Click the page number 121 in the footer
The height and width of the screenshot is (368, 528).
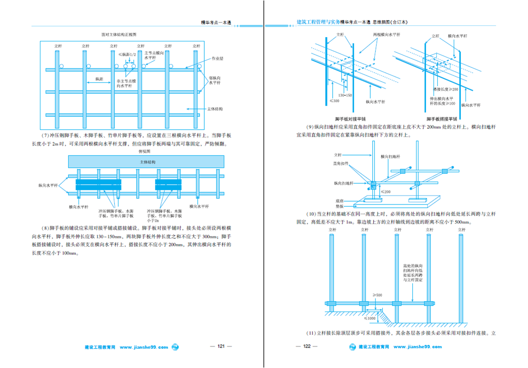[x=220, y=347]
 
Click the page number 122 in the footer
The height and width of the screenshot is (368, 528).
[x=306, y=347]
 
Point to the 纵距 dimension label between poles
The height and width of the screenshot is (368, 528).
[x=99, y=79]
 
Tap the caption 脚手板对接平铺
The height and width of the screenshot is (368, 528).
[x=351, y=119]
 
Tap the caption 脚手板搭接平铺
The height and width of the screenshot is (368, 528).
[x=442, y=119]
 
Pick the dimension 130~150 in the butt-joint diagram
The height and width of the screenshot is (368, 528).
[x=345, y=95]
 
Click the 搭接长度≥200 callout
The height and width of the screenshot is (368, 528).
[x=445, y=89]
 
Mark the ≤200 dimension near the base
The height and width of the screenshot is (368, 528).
[x=385, y=192]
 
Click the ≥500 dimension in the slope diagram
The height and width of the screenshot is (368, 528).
[x=377, y=295]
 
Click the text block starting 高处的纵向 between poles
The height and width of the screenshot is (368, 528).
[x=413, y=273]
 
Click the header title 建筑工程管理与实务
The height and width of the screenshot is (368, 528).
[x=318, y=21]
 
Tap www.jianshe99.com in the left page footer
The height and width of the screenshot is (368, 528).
[x=144, y=347]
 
